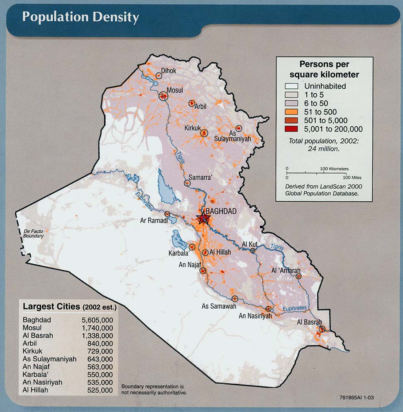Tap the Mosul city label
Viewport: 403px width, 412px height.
(x=175, y=90)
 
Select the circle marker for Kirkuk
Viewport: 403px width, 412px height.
(x=204, y=133)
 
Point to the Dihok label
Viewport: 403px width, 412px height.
(x=169, y=71)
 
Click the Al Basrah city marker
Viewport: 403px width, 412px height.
(x=321, y=329)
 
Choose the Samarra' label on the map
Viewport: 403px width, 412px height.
(x=200, y=178)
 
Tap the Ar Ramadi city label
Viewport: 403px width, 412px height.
(x=154, y=221)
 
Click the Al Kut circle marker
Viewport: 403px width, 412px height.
(x=252, y=250)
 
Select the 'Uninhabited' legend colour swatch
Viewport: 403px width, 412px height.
(x=292, y=86)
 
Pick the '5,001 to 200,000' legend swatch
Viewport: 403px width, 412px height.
(x=292, y=129)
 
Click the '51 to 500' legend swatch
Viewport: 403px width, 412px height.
(x=292, y=112)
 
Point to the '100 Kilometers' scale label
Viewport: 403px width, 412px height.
(x=334, y=169)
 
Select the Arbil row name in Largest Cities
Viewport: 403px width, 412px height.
(x=30, y=343)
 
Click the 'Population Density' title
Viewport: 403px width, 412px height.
(x=80, y=17)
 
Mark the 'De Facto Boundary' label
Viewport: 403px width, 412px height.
(x=34, y=234)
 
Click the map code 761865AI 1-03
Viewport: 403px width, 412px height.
(x=357, y=402)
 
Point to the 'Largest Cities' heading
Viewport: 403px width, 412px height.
(x=51, y=307)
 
